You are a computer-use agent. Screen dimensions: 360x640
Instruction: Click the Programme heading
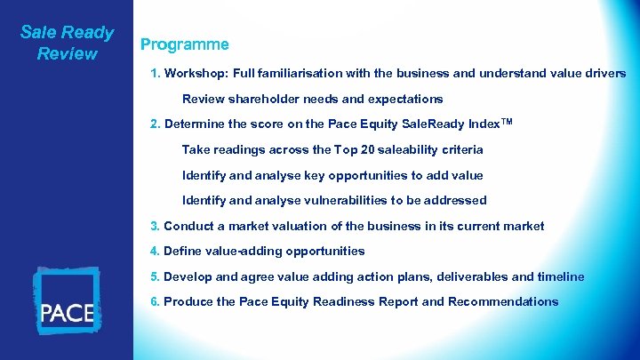point(184,44)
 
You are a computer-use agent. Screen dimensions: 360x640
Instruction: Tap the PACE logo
point(67,302)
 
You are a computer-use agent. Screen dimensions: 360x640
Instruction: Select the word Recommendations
point(503,301)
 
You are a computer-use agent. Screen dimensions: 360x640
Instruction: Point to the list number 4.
point(156,251)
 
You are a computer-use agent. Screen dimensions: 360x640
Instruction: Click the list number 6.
point(156,301)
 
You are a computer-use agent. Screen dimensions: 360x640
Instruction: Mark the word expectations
point(404,99)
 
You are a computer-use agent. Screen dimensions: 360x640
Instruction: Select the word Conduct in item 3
point(189,226)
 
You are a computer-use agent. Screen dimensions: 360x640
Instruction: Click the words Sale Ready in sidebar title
point(67,33)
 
